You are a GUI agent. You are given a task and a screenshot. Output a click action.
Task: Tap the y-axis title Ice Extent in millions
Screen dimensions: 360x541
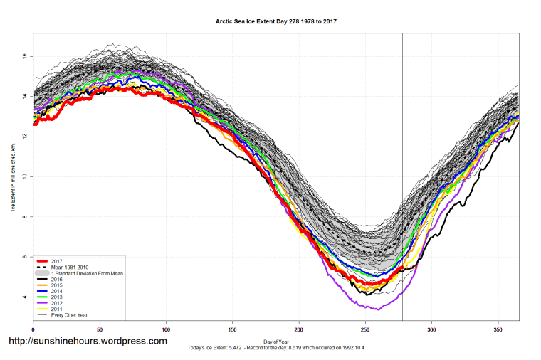[x=12, y=176]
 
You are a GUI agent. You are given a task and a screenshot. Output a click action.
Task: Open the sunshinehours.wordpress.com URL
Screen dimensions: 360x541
[x=87, y=342]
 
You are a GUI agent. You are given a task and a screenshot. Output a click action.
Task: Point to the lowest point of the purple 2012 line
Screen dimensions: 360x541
[x=378, y=309]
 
